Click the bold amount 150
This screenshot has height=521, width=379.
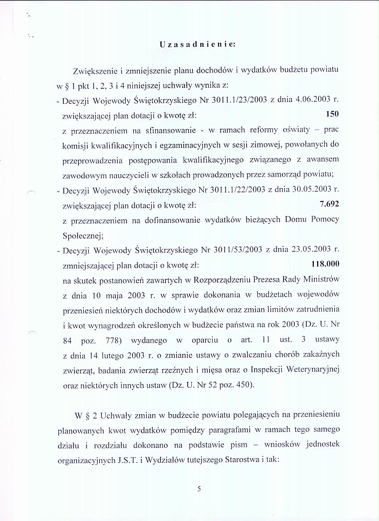(333, 114)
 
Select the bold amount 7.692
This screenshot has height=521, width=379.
(330, 204)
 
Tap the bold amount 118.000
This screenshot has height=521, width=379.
(325, 264)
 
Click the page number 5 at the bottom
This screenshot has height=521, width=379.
(199, 488)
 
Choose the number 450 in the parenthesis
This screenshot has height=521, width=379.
(243, 385)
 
